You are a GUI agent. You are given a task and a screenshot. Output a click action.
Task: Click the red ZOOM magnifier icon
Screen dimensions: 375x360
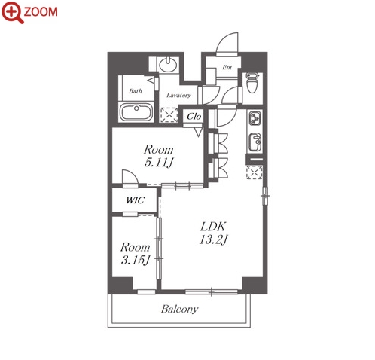click(x=12, y=12)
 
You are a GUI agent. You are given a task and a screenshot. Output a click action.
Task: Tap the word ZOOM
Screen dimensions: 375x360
click(x=41, y=12)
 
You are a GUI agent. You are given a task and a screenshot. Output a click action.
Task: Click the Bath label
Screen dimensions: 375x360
click(x=136, y=91)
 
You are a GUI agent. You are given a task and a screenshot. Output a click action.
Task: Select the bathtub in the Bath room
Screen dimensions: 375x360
click(x=136, y=112)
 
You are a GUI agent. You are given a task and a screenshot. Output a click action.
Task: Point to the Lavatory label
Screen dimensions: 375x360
click(x=178, y=95)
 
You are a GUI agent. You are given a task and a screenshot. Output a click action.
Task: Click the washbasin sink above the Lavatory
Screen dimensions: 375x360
click(x=168, y=65)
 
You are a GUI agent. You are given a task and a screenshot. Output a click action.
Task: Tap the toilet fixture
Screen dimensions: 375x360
click(x=252, y=83)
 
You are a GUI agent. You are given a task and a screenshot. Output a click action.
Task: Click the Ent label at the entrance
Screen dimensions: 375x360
click(x=227, y=67)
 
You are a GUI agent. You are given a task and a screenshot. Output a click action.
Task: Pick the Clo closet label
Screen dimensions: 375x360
click(x=194, y=117)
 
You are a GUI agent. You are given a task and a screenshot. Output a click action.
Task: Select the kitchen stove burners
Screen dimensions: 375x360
click(x=255, y=118)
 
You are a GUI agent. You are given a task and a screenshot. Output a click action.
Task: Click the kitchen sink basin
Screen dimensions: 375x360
click(x=255, y=142)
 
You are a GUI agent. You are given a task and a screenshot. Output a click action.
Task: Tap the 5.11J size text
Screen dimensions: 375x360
click(x=159, y=163)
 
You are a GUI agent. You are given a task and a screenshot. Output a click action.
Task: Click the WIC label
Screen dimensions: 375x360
click(x=136, y=200)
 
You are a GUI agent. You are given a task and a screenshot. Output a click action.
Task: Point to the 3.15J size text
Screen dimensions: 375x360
click(x=136, y=260)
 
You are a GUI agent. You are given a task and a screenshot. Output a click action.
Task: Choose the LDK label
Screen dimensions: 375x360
click(x=213, y=227)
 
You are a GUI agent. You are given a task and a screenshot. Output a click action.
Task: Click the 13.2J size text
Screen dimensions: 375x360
click(x=213, y=239)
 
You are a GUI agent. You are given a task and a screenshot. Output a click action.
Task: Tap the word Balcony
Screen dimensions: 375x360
click(x=180, y=309)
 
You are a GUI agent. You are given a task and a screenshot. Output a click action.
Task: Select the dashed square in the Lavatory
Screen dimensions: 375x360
click(x=169, y=115)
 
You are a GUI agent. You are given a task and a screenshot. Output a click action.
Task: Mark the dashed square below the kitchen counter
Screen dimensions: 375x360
click(x=255, y=172)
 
